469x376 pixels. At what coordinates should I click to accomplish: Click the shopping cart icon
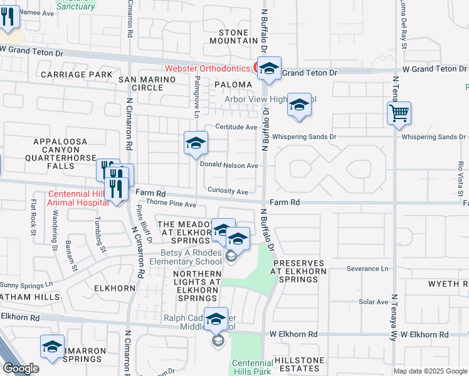pos(399,114)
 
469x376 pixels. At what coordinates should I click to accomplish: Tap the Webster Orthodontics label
pos(208,68)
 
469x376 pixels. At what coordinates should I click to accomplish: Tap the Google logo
pos(21,368)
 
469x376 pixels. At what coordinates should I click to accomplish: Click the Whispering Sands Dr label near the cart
pos(432,137)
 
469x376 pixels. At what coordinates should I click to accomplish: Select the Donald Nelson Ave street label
pos(229,165)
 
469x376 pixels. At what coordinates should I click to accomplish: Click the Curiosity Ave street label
pos(228,192)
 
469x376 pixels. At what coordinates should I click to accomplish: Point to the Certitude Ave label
pos(236,127)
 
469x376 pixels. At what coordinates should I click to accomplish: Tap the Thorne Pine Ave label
pos(171,204)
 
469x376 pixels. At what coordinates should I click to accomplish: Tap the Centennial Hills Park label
pos(252,367)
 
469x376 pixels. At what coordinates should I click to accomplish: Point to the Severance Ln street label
pos(368,269)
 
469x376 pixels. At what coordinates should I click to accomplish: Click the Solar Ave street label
pos(374,302)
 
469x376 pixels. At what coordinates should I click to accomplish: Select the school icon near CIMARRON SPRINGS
pos(53,347)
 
